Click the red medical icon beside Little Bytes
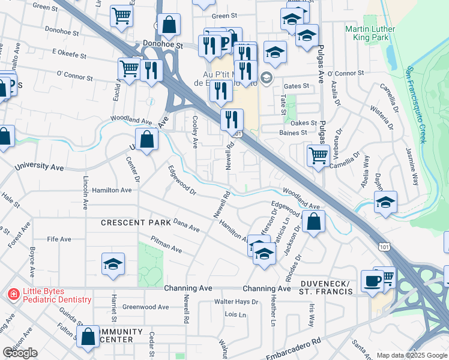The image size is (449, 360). click(13, 295)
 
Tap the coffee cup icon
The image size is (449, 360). click(372, 281)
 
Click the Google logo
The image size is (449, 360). click(20, 353)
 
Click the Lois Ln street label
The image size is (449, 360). click(235, 314)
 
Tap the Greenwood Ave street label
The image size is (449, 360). click(146, 307)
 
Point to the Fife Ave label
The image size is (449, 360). click(59, 239)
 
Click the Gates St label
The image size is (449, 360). click(297, 86)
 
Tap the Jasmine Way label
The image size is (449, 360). click(412, 164)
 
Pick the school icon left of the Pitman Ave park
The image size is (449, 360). click(113, 263)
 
